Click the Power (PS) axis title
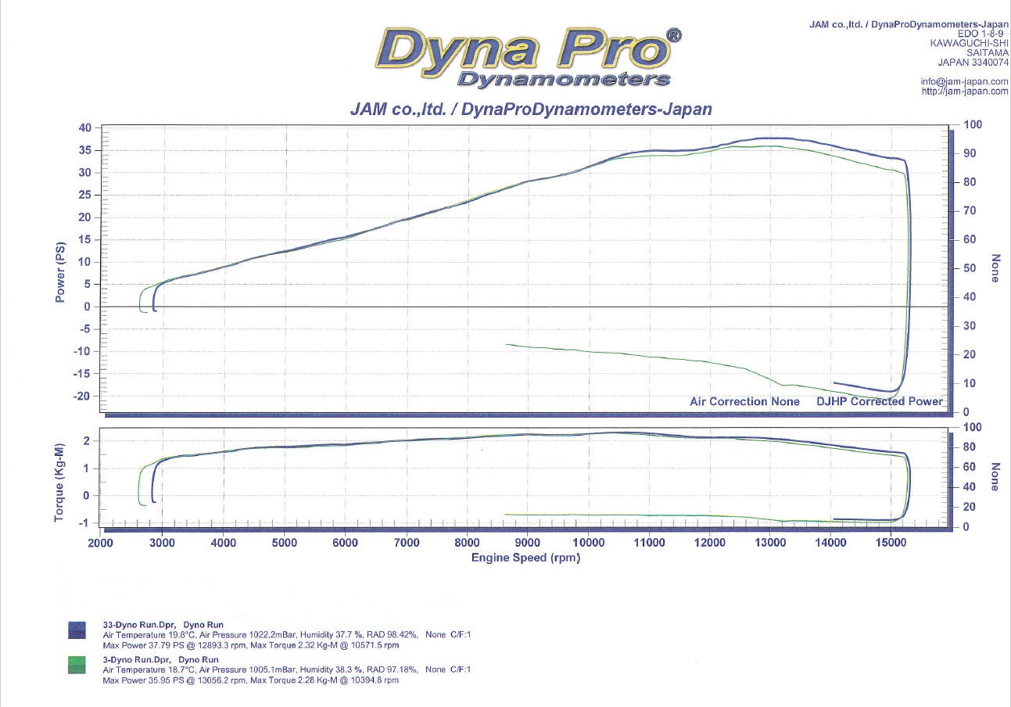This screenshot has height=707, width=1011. pos(61,272)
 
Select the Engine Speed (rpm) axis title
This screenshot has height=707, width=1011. pos(525,558)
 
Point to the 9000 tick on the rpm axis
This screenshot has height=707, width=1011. pos(528,543)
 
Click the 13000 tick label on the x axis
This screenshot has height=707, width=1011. pos(770,543)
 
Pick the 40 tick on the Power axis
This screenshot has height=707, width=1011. pos(84,127)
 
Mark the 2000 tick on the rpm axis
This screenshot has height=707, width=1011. pos(100,543)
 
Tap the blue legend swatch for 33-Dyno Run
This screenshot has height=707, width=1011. pos(77,630)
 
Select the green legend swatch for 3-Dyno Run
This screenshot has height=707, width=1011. pos(77,665)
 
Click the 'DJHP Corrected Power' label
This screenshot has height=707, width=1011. pos(880,401)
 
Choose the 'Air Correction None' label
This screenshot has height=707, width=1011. pos(744,401)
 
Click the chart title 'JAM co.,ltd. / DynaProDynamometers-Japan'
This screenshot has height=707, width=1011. pos(531,109)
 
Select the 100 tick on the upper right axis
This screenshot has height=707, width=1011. pos(972,124)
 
